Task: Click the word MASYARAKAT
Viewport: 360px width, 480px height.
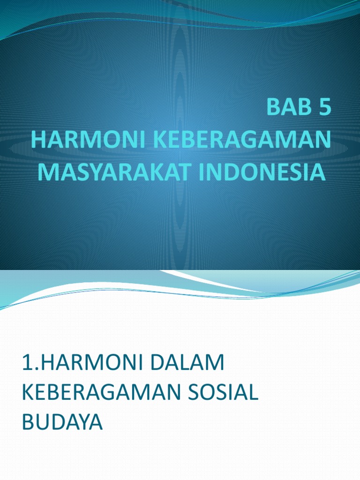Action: tap(111, 171)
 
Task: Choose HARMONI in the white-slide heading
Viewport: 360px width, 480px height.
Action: tap(83, 365)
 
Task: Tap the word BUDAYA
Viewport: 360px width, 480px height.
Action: tap(62, 422)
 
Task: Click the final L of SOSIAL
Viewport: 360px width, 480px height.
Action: tap(254, 393)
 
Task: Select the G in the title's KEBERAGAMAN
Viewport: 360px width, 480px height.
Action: tap(260, 140)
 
